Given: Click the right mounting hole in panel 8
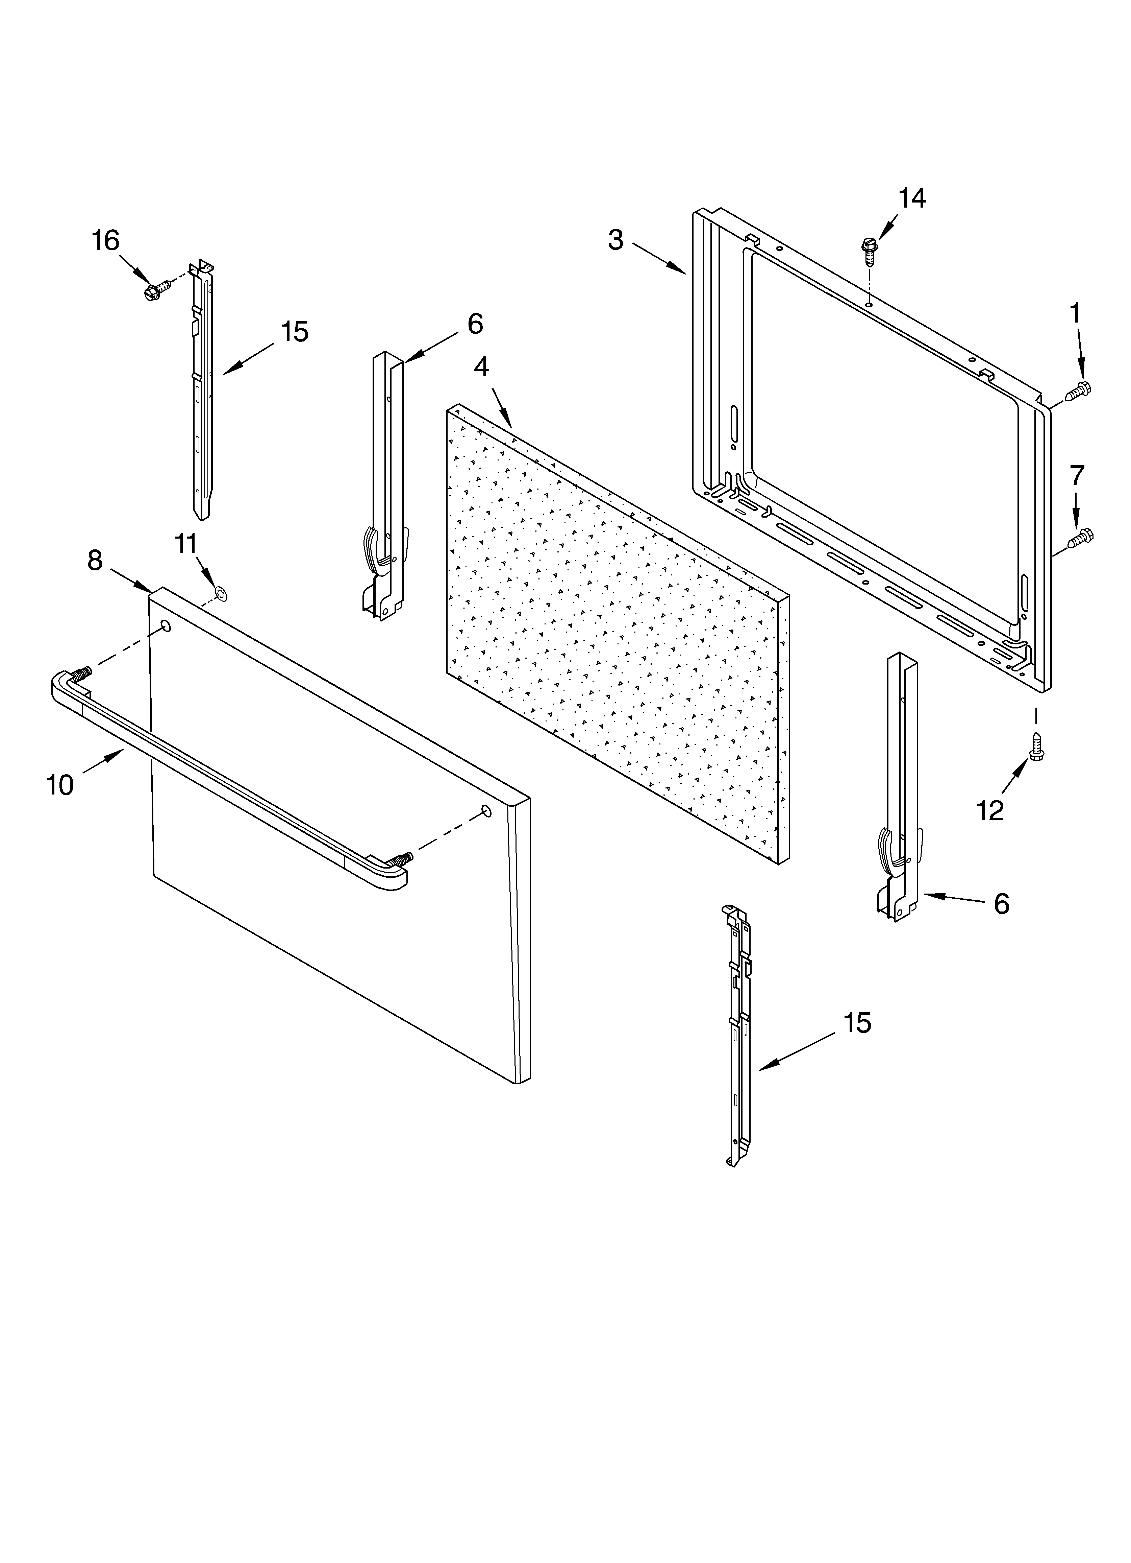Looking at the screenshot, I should pyautogui.click(x=486, y=810).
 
